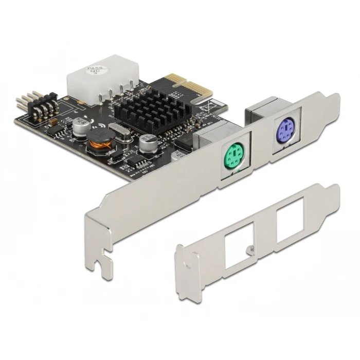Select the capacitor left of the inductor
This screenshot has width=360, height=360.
(x=81, y=127)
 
